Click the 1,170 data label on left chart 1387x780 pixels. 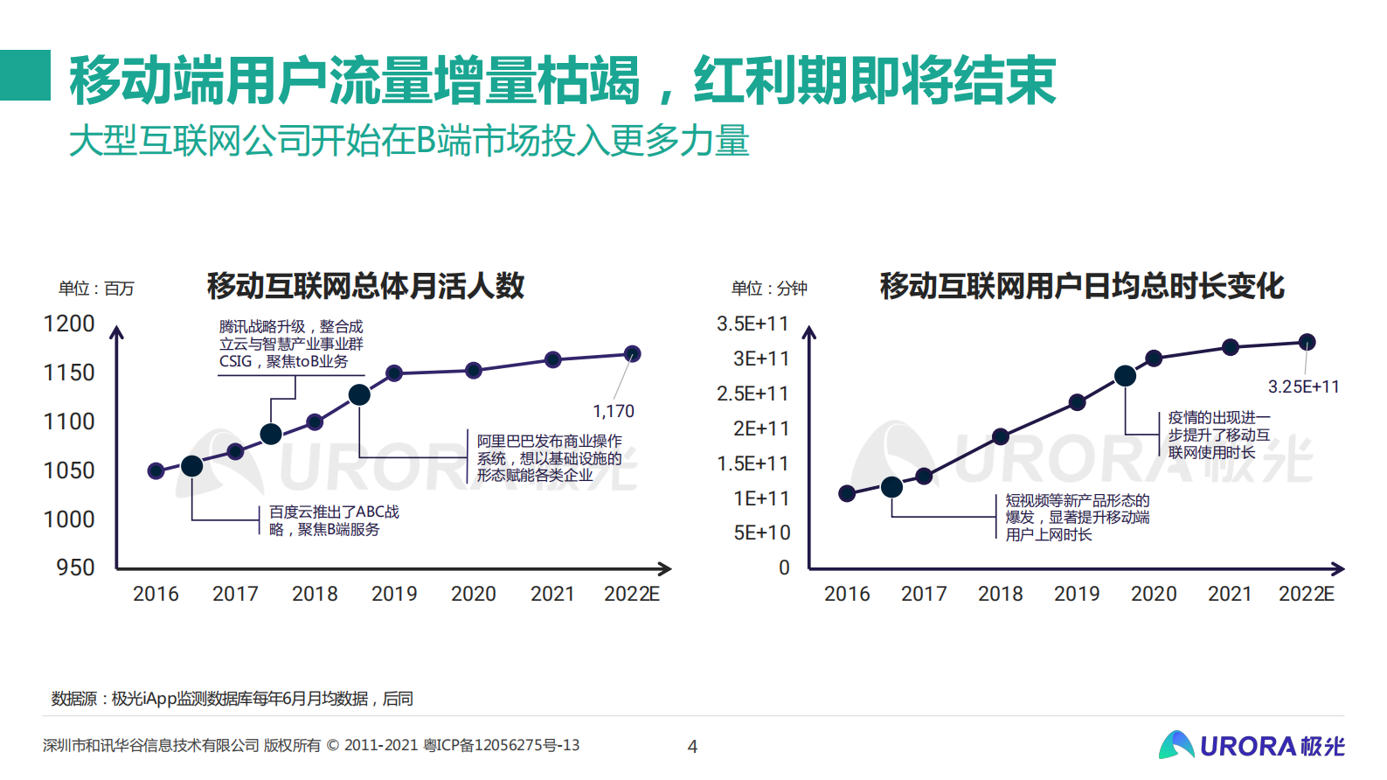click(x=613, y=411)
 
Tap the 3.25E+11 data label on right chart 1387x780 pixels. click(x=1303, y=387)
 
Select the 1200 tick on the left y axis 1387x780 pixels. click(x=69, y=324)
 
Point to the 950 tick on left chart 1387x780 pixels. click(x=75, y=568)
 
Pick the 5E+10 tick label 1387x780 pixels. click(x=761, y=533)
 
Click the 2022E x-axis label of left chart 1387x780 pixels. click(x=631, y=594)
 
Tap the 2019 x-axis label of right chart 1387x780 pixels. click(x=1077, y=594)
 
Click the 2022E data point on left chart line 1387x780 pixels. click(x=632, y=354)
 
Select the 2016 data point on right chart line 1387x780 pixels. click(x=846, y=493)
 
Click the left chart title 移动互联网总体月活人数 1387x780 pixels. click(x=365, y=286)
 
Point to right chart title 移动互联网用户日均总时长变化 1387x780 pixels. click(x=1082, y=286)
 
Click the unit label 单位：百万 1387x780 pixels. click(x=96, y=289)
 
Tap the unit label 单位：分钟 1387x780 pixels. click(x=769, y=289)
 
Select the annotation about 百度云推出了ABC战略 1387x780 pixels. click(x=334, y=520)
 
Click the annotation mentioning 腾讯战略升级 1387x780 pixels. click(x=291, y=344)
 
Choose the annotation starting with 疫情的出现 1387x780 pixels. click(x=1218, y=435)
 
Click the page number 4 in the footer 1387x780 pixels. click(x=692, y=747)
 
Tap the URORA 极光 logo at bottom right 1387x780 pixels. click(x=1252, y=745)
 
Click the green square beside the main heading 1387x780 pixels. click(x=25, y=75)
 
